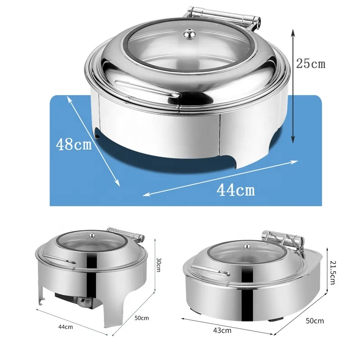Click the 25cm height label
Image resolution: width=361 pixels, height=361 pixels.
310,63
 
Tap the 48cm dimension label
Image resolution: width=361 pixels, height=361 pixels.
74,144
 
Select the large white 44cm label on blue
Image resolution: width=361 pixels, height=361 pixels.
236,190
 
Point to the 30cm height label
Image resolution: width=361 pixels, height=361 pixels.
159,264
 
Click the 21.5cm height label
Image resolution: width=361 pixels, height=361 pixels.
332,273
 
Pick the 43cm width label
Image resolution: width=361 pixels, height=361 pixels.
222,330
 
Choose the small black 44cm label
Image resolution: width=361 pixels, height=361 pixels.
65,327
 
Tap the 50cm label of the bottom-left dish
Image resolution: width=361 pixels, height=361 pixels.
142,318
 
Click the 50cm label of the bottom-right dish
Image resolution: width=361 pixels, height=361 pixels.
315,321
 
